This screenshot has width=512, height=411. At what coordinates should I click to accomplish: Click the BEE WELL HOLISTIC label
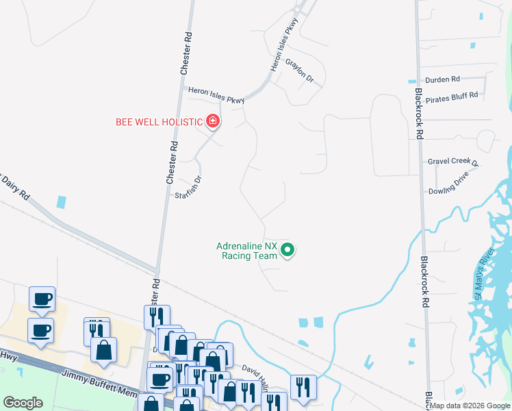click(159, 123)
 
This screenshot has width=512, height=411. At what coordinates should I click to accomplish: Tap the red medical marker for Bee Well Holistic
click(213, 122)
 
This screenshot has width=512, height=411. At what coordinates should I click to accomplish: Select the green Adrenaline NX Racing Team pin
click(288, 251)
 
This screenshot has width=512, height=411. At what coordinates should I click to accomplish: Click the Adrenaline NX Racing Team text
click(247, 251)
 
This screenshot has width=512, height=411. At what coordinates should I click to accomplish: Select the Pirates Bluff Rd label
click(451, 98)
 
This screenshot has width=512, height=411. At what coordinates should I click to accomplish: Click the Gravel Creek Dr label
click(453, 162)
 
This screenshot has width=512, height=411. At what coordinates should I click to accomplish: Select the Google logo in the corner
click(23, 403)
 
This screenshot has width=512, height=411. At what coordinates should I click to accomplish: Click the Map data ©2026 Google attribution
click(470, 406)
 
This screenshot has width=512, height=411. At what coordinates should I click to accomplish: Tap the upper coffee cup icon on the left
click(41, 299)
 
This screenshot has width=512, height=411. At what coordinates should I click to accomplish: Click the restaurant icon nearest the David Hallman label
click(303, 386)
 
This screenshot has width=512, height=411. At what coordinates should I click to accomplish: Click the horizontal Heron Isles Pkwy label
click(216, 95)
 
